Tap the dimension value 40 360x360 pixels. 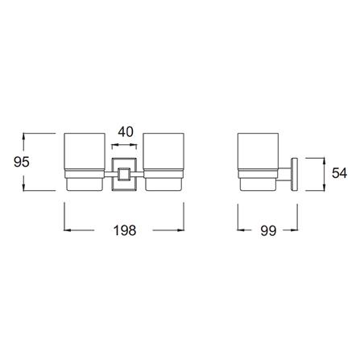(x=125, y=130)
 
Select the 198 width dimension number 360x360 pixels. (x=125, y=230)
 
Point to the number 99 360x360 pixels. (x=268, y=230)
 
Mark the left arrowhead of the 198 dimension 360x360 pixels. (x=67, y=230)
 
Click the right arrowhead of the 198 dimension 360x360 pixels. (x=183, y=230)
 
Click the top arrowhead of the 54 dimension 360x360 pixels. (x=323, y=159)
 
